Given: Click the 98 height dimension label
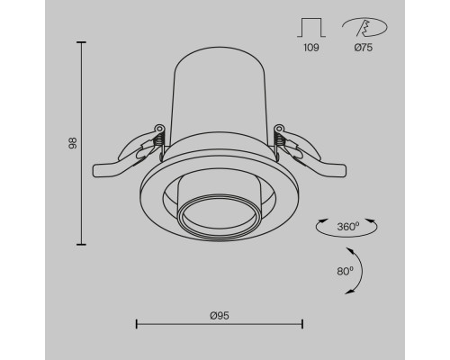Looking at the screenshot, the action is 73,143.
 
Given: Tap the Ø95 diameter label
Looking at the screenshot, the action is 220,316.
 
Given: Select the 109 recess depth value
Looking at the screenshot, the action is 311,48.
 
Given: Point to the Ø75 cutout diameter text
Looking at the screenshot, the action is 364,48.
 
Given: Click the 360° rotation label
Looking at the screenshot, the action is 348,227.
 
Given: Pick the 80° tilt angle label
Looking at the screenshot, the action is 345,271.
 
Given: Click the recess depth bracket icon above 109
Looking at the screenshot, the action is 311,28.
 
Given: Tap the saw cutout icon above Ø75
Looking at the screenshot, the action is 364,27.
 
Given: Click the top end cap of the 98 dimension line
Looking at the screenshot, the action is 81,42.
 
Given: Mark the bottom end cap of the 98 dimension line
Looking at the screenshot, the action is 81,245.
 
